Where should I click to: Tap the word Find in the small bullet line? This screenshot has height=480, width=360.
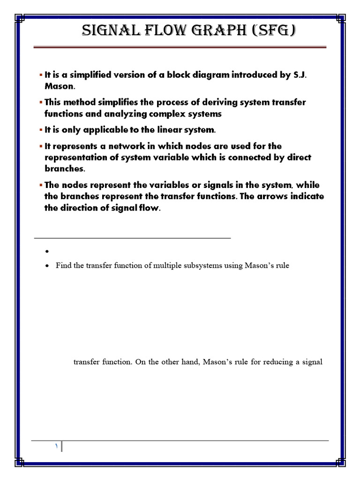[63, 266]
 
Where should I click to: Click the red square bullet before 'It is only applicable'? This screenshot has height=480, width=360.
[41, 130]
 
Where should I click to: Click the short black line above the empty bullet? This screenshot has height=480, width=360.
[133, 238]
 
